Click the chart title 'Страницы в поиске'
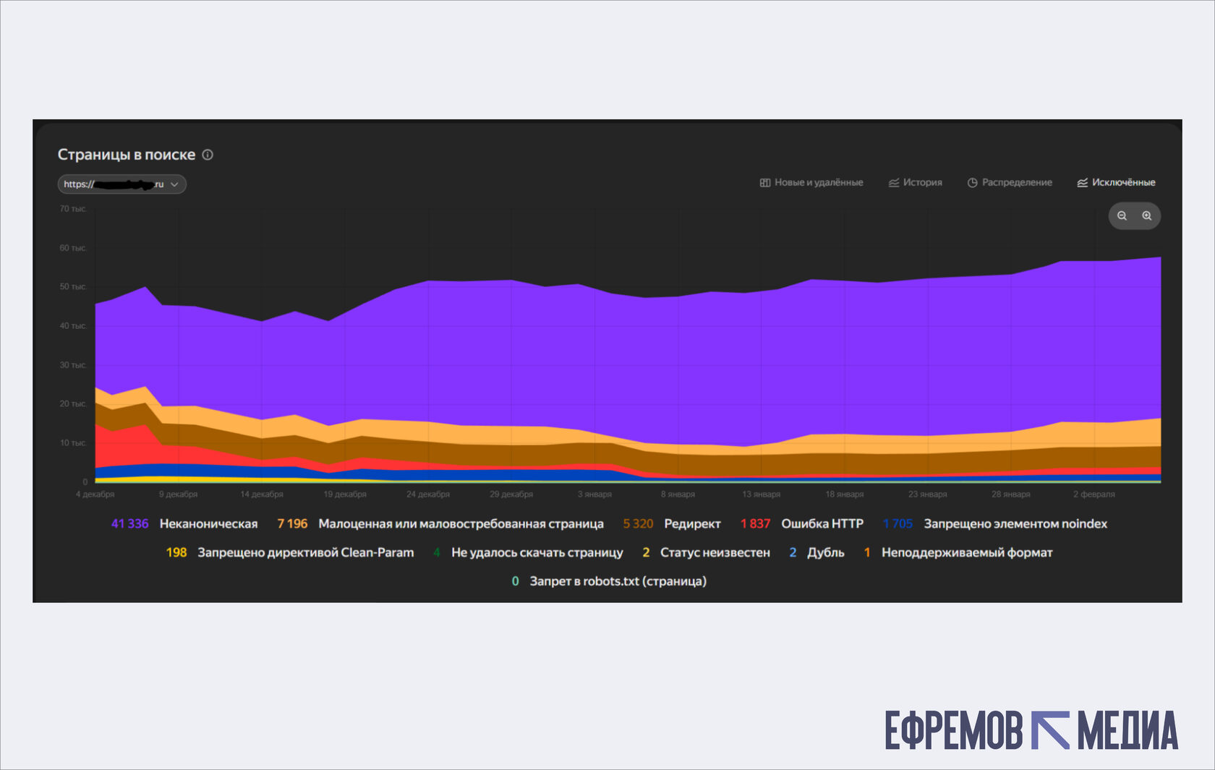click(x=127, y=155)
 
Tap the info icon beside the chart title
click(x=208, y=155)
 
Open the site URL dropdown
click(x=122, y=184)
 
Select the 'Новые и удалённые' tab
click(x=811, y=182)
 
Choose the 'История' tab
click(x=916, y=182)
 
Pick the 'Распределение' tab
click(x=1010, y=182)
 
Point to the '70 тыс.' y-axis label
click(x=73, y=209)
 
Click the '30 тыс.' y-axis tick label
click(x=73, y=365)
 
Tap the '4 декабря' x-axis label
click(x=95, y=495)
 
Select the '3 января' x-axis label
click(x=594, y=495)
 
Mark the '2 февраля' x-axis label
click(x=1093, y=495)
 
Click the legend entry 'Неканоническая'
click(x=208, y=523)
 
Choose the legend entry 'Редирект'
click(x=692, y=523)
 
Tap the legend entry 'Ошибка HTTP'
click(x=822, y=523)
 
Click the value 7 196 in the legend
click(x=292, y=523)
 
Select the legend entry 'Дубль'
click(x=825, y=552)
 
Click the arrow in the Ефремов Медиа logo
click(x=1050, y=730)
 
